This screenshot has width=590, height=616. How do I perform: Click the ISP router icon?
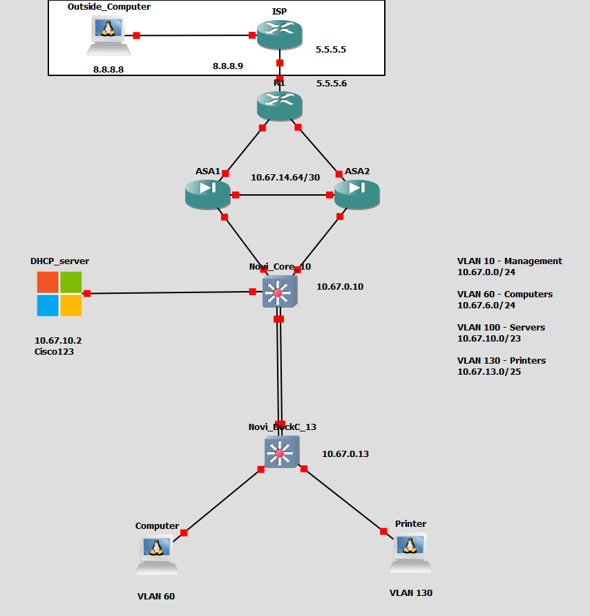pyautogui.click(x=280, y=35)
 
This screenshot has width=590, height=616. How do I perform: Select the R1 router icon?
pyautogui.click(x=280, y=105)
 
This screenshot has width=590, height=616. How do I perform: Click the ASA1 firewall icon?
pyautogui.click(x=207, y=194)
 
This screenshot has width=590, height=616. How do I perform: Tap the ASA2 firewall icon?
pyautogui.click(x=356, y=194)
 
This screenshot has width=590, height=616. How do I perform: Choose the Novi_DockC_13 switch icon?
pyautogui.click(x=281, y=453)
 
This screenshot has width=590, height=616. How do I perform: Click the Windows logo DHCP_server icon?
pyautogui.click(x=59, y=294)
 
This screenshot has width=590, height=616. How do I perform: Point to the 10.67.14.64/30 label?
pyautogui.click(x=285, y=177)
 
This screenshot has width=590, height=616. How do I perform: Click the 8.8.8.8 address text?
pyautogui.click(x=108, y=69)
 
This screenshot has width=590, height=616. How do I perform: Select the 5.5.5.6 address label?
pyautogui.click(x=332, y=84)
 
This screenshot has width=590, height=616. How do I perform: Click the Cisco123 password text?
pyautogui.click(x=55, y=351)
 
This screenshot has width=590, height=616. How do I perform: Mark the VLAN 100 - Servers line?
pyautogui.click(x=501, y=327)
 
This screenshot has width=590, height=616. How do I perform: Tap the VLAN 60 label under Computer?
pyautogui.click(x=156, y=597)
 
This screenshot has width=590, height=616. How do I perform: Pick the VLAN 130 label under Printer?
pyautogui.click(x=411, y=592)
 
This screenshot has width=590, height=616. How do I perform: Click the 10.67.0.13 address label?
pyautogui.click(x=345, y=454)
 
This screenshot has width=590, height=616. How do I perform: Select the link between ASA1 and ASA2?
pyautogui.click(x=282, y=195)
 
